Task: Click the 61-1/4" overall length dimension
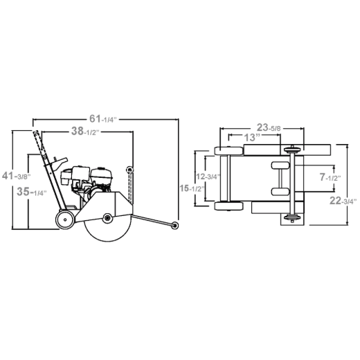click(x=103, y=119)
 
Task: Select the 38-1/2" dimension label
click(x=85, y=132)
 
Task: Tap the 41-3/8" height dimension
click(x=17, y=177)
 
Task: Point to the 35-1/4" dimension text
click(x=32, y=192)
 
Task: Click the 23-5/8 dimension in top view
click(x=269, y=127)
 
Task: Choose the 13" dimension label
click(x=252, y=138)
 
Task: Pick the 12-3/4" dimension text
click(x=208, y=177)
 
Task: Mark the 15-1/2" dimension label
click(x=192, y=188)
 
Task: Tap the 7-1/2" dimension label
click(x=330, y=177)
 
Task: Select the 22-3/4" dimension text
click(x=343, y=201)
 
